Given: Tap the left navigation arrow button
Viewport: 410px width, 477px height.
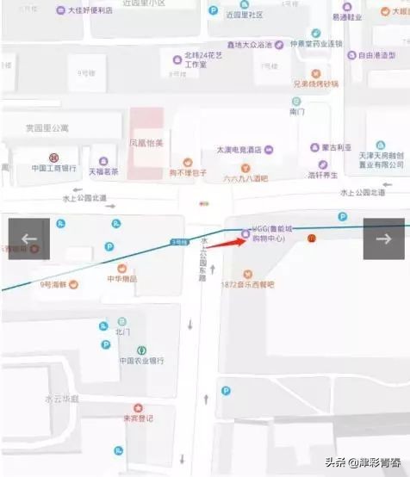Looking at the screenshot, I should (29, 238).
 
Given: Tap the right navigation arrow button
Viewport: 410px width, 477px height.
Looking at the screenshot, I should (383, 238).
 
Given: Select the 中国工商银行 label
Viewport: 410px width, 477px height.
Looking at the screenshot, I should (54, 168).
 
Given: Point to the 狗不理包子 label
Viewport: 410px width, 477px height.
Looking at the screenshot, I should (188, 172).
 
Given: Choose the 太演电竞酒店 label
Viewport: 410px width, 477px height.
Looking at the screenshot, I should (239, 148).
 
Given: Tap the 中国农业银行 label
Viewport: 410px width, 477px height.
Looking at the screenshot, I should (141, 361).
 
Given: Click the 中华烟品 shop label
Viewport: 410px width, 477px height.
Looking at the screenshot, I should (121, 279).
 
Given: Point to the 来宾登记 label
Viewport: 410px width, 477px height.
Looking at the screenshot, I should (137, 418).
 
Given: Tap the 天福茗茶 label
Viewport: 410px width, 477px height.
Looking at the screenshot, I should (103, 171).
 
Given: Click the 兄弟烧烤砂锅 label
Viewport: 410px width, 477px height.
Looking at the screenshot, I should (316, 84).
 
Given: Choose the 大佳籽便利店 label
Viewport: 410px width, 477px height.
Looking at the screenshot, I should (90, 10).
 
